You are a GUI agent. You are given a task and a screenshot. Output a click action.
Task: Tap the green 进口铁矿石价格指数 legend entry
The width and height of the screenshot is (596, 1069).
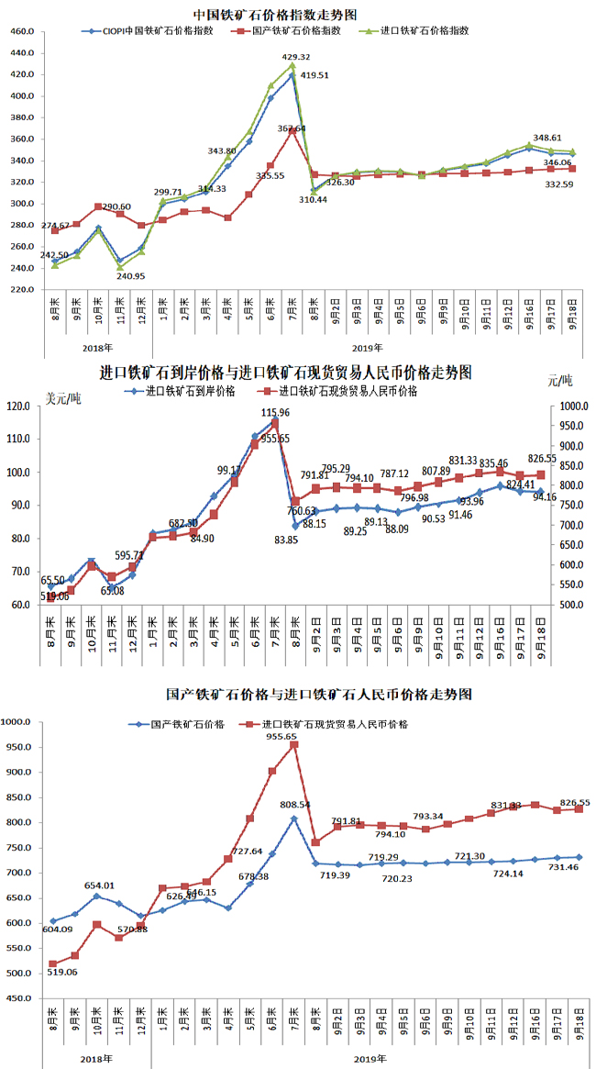(x=421, y=29)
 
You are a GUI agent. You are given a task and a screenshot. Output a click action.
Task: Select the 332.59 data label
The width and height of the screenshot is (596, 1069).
(x=559, y=184)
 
